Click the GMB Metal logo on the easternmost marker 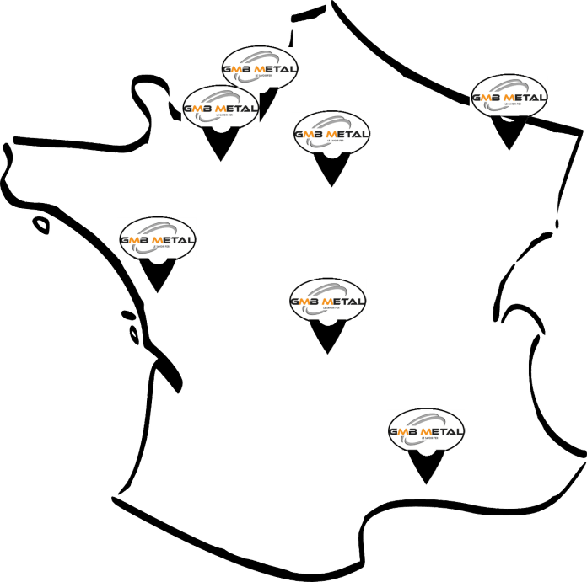[508, 96]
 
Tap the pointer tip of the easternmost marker [509, 150]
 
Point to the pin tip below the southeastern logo [426, 485]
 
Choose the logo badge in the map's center [327, 300]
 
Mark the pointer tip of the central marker [329, 355]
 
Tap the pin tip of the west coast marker [157, 294]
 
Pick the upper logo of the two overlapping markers [260, 65]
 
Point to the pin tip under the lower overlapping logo [221, 162]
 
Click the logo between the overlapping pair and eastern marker [331, 133]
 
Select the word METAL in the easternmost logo [524, 97]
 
